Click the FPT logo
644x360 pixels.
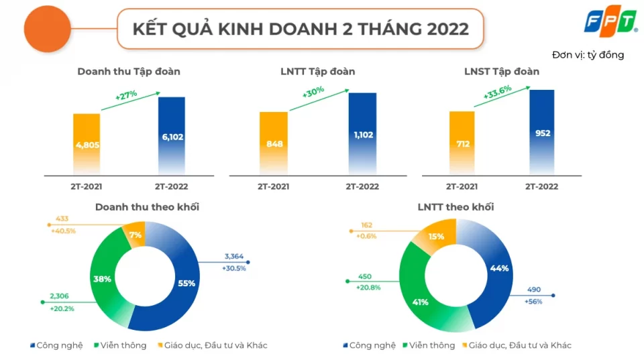click(610, 23)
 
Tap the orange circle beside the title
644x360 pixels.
click(47, 29)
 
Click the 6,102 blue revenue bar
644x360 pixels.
click(172, 137)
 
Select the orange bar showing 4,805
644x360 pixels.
click(87, 143)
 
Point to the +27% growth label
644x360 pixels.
click(126, 95)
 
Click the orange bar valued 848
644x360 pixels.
click(273, 143)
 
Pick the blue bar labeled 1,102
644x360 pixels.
click(362, 134)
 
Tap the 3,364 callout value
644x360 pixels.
click(233, 255)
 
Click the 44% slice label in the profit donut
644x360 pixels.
click(500, 267)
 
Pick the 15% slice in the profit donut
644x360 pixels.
click(437, 236)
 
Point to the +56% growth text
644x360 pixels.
click(533, 302)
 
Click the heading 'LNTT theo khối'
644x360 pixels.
click(455, 206)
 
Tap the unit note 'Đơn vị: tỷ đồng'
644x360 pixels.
click(588, 55)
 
